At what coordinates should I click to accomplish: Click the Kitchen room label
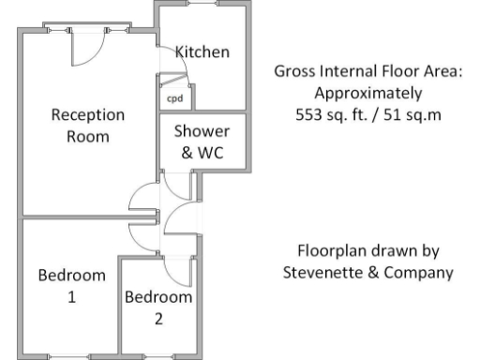coord(202,52)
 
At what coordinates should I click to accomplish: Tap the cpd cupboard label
coord(174,97)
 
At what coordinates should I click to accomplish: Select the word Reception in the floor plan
coord(87,115)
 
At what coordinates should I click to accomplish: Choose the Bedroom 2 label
coord(158,307)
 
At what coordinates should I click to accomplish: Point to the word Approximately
coord(368,94)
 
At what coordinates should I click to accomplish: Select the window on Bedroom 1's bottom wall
coord(71,355)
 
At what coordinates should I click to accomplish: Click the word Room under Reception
coord(87,137)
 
